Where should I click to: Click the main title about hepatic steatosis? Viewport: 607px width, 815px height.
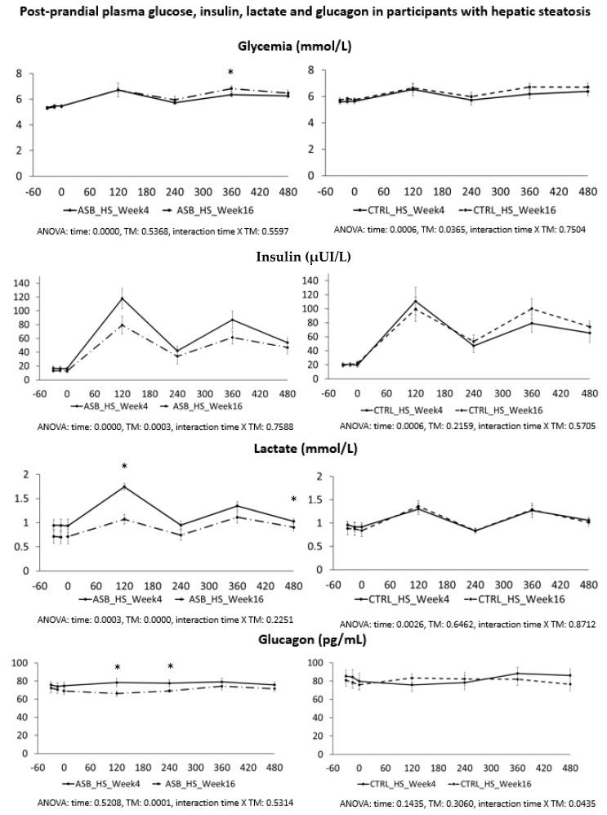[x=303, y=12]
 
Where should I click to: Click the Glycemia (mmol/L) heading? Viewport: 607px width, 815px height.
[x=303, y=47]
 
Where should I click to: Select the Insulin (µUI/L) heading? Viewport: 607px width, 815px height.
[x=303, y=257]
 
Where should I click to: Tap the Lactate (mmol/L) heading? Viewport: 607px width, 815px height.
[x=303, y=449]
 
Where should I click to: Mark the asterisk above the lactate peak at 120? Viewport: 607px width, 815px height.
[x=124, y=468]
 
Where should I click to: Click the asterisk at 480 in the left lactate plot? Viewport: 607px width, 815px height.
[x=293, y=500]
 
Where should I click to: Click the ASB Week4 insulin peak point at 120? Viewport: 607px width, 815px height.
[x=123, y=298]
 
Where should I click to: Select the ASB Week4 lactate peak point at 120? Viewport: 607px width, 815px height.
[x=124, y=487]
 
